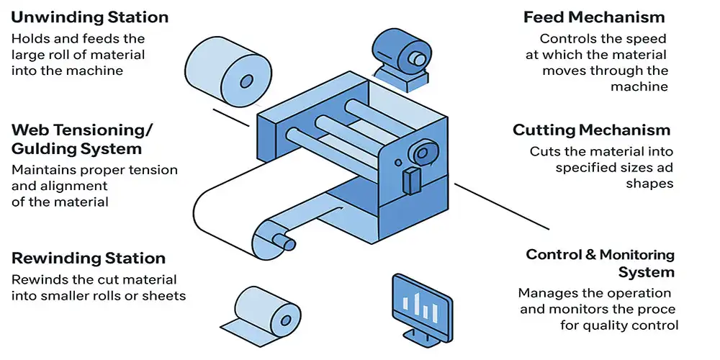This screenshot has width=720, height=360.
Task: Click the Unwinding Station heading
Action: [x=90, y=17]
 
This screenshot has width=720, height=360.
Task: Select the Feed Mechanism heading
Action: [x=594, y=17]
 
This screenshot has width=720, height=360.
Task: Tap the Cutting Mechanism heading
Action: [x=591, y=130]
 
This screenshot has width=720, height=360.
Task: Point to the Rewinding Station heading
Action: [x=89, y=258]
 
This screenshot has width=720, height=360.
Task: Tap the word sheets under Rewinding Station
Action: [x=166, y=295]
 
